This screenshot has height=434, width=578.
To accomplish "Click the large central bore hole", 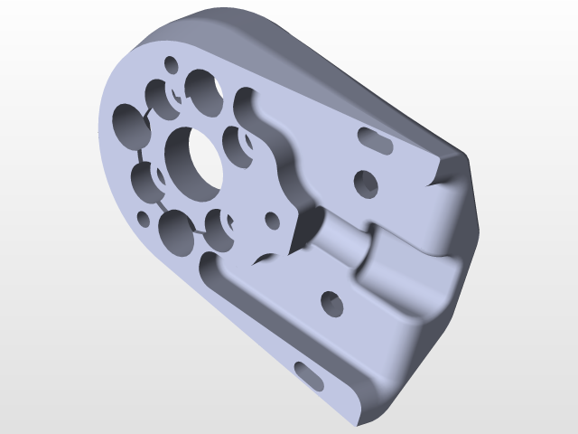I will [192, 162].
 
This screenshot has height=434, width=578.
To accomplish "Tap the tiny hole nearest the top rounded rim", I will [169, 64].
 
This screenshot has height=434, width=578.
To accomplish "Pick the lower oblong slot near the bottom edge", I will [307, 374].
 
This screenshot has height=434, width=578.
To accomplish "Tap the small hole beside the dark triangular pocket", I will [272, 222].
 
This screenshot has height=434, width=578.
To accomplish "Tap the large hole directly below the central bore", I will [176, 233].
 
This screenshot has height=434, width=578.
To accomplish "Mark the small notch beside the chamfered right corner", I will [440, 179].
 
